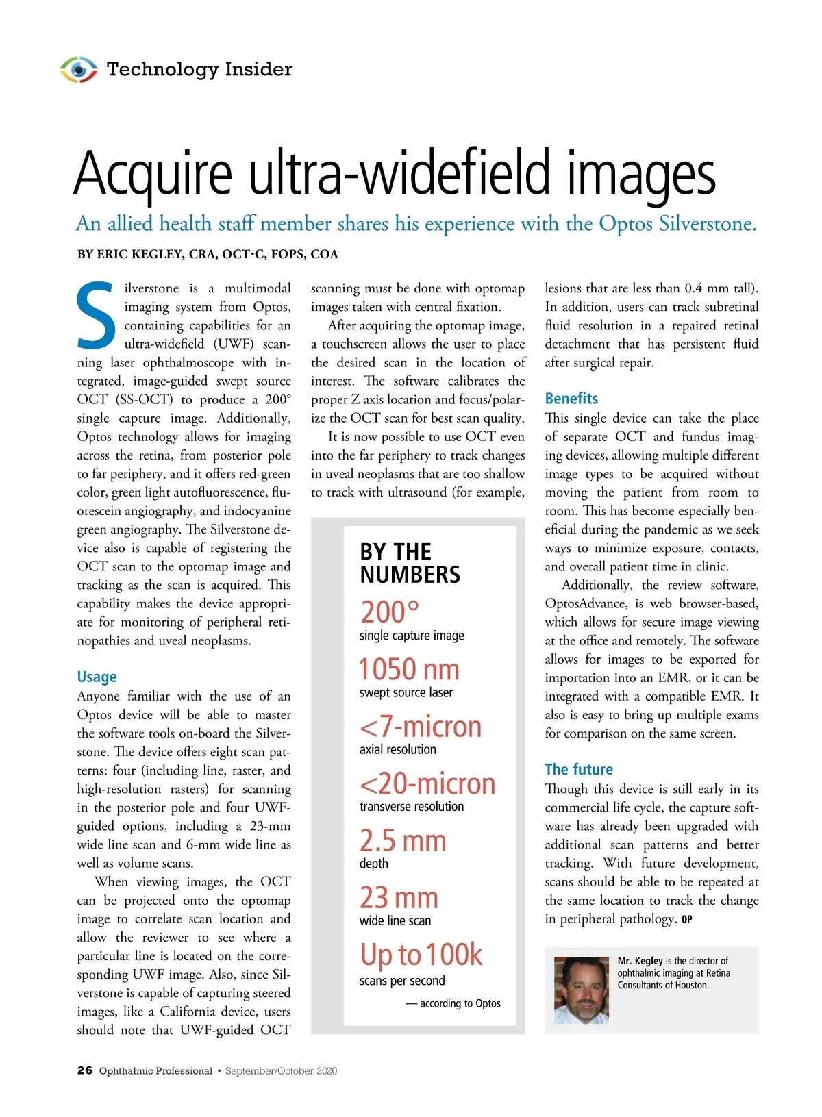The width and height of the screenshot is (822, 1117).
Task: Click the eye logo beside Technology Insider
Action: point(79,69)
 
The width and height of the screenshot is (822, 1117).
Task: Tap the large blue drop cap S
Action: point(96,315)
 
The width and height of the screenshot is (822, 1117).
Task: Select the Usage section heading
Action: point(97,677)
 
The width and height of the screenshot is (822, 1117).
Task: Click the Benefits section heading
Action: point(571,399)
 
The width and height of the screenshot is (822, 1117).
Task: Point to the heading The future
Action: point(579,769)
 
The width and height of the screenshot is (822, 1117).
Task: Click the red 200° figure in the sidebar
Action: point(390,611)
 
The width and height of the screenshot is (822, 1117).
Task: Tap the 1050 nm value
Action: point(409,669)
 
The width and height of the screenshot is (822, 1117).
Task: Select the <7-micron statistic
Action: point(420,727)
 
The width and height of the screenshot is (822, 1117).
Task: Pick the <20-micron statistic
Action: point(427,783)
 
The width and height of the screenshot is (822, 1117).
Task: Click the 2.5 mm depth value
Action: point(403,841)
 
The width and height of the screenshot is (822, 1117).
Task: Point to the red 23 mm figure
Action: point(399,898)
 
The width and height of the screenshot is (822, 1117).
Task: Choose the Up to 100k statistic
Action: point(421,955)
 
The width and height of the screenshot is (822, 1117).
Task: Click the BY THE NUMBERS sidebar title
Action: point(410,563)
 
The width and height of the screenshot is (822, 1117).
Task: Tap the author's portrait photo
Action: point(581,990)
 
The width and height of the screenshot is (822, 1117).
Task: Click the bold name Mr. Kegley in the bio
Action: point(640,961)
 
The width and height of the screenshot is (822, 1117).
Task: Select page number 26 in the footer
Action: point(84,1070)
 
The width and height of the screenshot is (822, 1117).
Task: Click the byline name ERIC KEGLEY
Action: point(140,254)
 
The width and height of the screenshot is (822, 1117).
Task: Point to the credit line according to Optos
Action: point(453,1003)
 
